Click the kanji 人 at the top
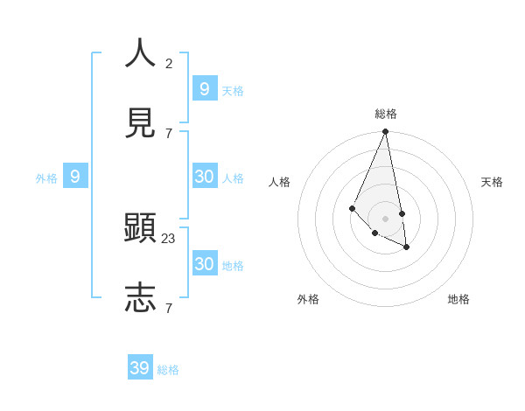tap(140, 52)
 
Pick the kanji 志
tap(140, 297)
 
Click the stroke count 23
tap(169, 238)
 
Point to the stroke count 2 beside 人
tap(169, 63)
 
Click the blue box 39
tap(140, 368)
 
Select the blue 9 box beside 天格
tap(204, 89)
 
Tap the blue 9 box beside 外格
tap(75, 177)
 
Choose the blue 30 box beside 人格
tap(204, 177)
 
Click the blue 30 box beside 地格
tap(204, 264)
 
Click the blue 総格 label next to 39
tap(168, 370)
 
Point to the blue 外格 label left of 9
tap(46, 178)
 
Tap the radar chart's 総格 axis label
tap(386, 114)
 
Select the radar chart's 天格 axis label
tap(492, 182)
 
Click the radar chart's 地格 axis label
tap(458, 299)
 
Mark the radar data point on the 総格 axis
tap(385, 131)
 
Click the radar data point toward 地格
tap(407, 247)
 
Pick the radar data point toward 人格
tap(352, 208)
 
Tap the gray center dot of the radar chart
tap(385, 218)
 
